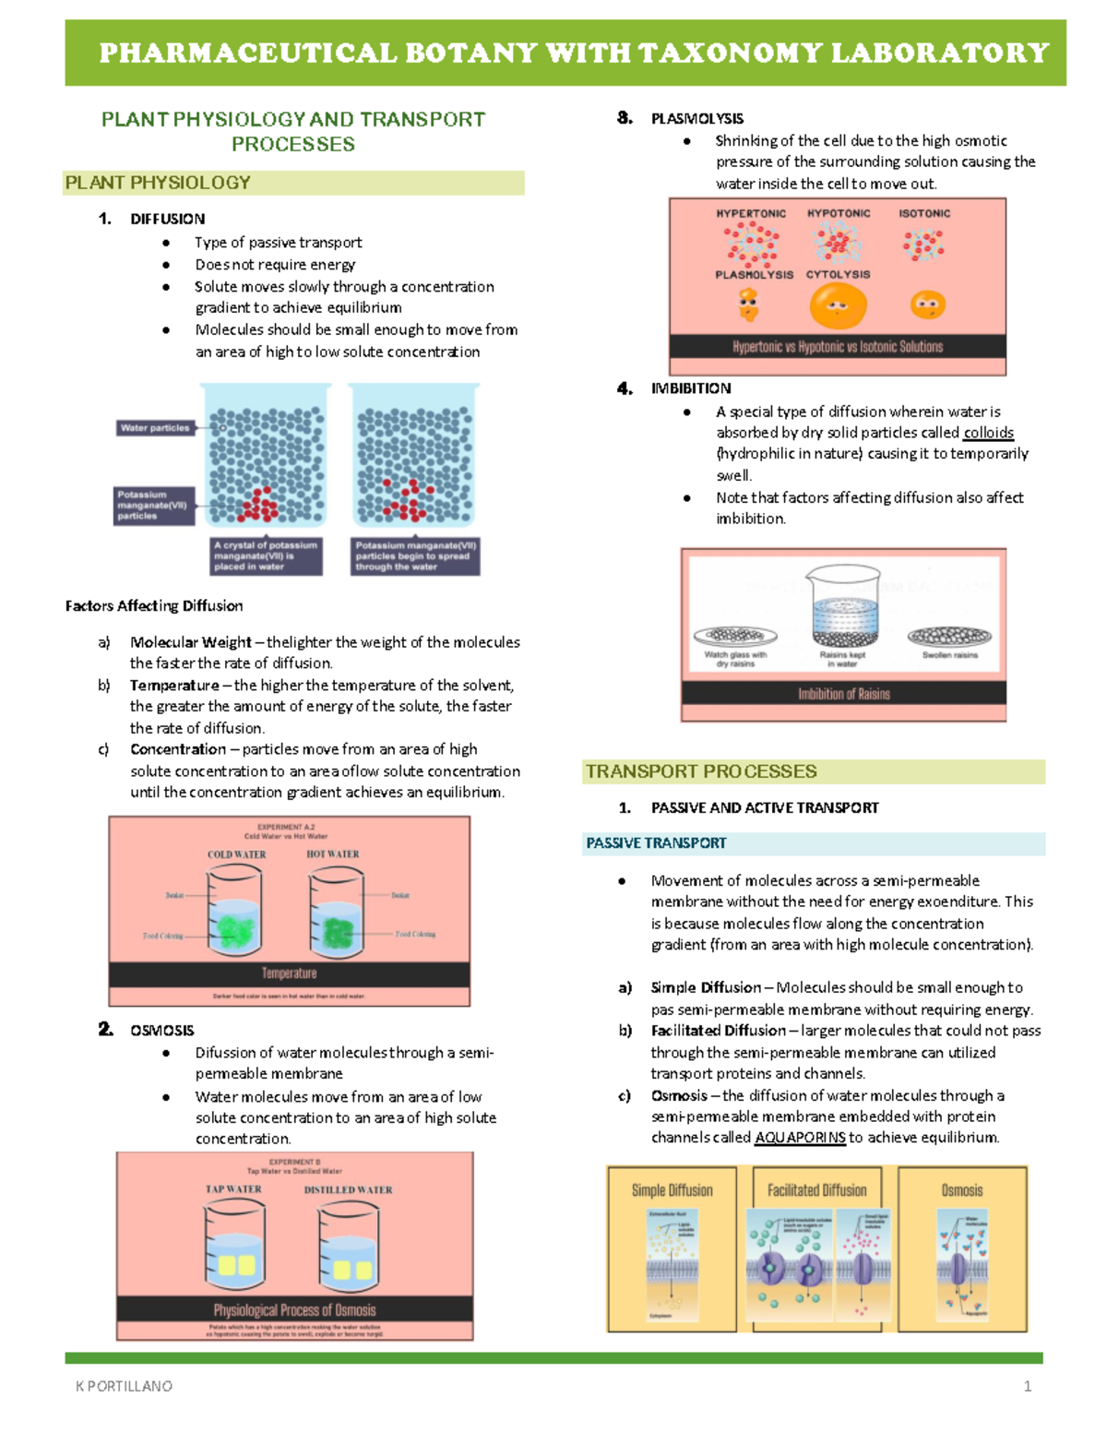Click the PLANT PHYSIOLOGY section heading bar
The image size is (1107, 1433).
(x=292, y=183)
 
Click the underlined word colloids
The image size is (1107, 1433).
(x=988, y=433)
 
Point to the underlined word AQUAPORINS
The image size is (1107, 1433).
(x=800, y=1138)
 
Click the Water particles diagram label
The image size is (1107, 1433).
(x=155, y=428)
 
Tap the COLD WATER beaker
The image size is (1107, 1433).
(x=237, y=914)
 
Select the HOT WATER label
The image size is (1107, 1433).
(x=332, y=854)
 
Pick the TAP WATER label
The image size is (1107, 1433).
(x=233, y=1189)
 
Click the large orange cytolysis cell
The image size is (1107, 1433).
(x=838, y=306)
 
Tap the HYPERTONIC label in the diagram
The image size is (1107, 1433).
(x=751, y=213)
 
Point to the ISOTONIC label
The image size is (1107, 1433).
(x=924, y=213)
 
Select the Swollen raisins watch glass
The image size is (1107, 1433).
(x=949, y=636)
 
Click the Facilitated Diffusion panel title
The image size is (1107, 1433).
(x=816, y=1190)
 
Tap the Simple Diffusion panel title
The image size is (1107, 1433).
(x=672, y=1190)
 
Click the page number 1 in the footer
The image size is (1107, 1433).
(x=1028, y=1386)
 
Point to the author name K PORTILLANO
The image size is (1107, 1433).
(x=124, y=1386)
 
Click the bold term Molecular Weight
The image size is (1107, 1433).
(x=190, y=642)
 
